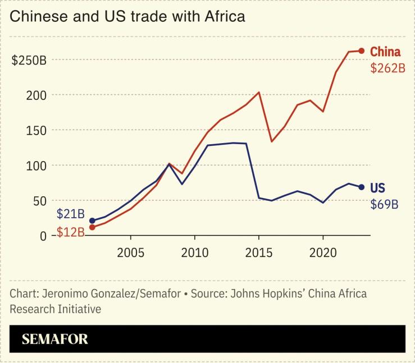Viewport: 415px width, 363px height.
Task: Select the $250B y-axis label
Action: click(29, 60)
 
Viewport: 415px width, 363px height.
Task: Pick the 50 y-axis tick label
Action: click(39, 201)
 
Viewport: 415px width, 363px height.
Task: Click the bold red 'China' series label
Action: click(385, 52)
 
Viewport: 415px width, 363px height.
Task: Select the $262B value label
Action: click(387, 68)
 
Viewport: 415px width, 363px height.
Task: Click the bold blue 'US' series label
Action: click(377, 188)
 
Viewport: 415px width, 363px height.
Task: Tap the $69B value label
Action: click(384, 204)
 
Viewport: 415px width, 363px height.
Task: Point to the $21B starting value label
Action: click(70, 214)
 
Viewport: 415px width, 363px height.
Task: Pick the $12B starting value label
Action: click(70, 232)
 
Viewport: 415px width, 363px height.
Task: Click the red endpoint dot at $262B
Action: click(362, 51)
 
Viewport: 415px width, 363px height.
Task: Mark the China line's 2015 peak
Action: click(259, 92)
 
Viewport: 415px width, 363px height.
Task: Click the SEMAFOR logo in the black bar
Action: click(54, 339)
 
